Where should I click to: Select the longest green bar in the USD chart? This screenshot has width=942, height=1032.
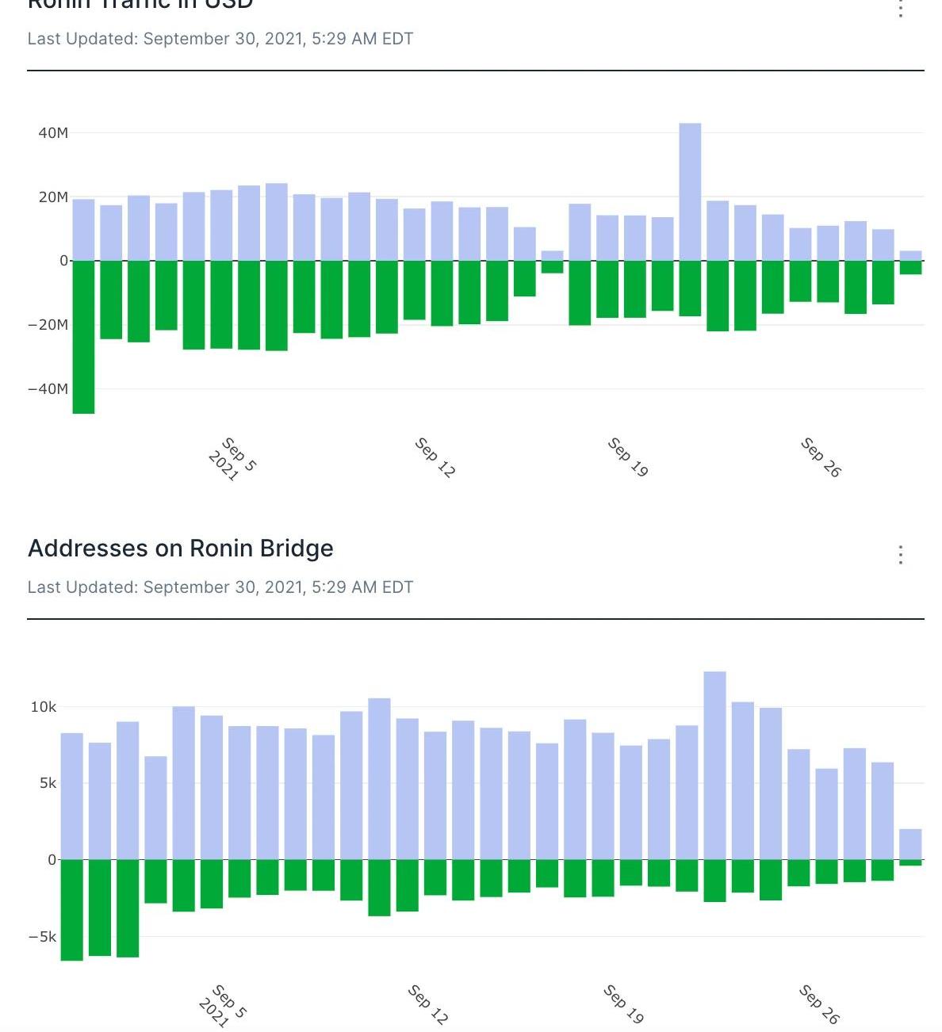tap(83, 337)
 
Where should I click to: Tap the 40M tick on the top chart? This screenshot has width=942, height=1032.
tap(53, 133)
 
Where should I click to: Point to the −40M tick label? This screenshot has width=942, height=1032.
tap(48, 389)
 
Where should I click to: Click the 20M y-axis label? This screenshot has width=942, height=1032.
tap(53, 197)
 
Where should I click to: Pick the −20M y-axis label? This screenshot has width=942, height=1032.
tap(48, 325)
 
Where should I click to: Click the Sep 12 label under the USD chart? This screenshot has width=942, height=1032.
tap(435, 457)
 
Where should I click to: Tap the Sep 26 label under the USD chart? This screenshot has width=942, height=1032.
tap(820, 457)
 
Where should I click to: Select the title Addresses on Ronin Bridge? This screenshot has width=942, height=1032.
tap(181, 548)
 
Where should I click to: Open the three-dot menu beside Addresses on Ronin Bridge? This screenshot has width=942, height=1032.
tap(900, 555)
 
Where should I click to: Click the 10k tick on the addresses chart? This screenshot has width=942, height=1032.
tap(44, 707)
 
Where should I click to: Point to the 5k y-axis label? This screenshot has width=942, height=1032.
tap(48, 783)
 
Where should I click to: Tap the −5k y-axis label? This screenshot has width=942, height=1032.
tap(43, 937)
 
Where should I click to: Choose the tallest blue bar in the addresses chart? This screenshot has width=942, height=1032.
tap(714, 766)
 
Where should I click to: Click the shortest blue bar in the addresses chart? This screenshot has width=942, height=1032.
tap(910, 844)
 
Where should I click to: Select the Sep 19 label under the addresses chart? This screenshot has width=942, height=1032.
tap(623, 1003)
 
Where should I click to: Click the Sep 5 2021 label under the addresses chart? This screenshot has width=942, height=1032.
tap(223, 1007)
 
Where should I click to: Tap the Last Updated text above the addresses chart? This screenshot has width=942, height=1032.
tap(220, 587)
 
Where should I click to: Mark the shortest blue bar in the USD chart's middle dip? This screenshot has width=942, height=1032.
tap(552, 256)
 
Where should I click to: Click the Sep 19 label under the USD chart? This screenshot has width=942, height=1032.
tap(627, 457)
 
